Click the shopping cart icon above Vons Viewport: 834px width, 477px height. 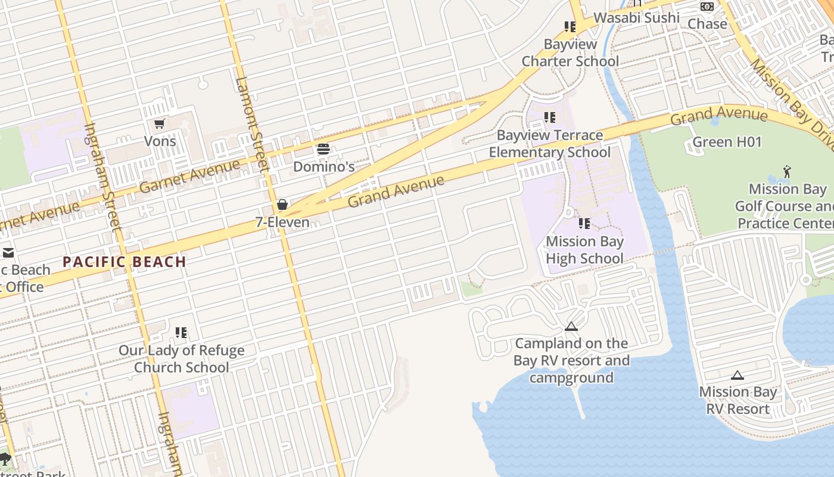click(x=159, y=124)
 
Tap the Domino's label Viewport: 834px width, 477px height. click(x=323, y=166)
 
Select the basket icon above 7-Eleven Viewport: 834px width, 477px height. click(x=282, y=205)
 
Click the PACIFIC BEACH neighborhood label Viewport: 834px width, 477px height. click(x=125, y=262)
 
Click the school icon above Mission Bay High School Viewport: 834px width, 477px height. click(x=584, y=224)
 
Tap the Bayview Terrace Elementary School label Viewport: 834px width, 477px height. click(x=549, y=144)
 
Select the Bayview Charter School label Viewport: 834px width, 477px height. click(x=570, y=52)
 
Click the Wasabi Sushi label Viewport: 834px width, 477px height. click(x=636, y=17)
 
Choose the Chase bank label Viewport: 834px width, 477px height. click(x=707, y=24)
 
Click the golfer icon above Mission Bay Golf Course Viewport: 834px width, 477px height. click(x=787, y=172)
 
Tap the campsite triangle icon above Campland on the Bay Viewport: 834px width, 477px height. click(x=571, y=327)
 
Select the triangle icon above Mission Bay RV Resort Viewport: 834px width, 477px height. click(x=737, y=376)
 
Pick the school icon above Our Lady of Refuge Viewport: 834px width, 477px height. click(x=181, y=333)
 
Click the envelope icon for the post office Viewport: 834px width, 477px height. click(x=8, y=253)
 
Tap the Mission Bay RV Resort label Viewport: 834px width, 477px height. click(x=738, y=400)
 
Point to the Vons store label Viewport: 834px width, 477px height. click(x=160, y=141)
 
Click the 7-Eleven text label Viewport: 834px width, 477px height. click(x=282, y=222)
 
